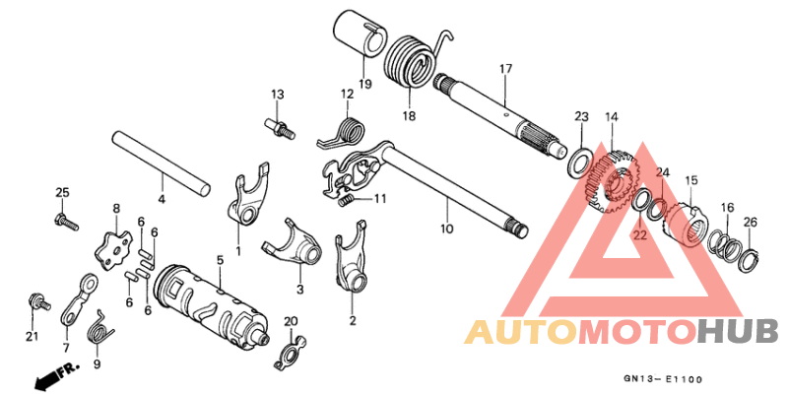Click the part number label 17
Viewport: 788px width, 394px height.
coord(505,69)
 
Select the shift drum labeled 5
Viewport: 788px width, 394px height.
coord(212,308)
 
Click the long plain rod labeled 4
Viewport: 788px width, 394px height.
coord(161,164)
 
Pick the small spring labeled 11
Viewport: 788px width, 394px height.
coord(346,201)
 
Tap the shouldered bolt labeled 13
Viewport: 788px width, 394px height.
coord(280,128)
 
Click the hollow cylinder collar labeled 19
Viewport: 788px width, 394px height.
coord(361,36)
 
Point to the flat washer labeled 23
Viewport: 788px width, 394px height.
coord(579,163)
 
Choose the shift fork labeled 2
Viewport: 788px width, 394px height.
coord(351,256)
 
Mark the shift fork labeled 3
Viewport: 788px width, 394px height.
coord(294,244)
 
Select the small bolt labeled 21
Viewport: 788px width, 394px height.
coord(38,301)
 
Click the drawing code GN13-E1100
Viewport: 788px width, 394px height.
coord(663,379)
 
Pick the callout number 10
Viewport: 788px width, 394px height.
coord(447,229)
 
